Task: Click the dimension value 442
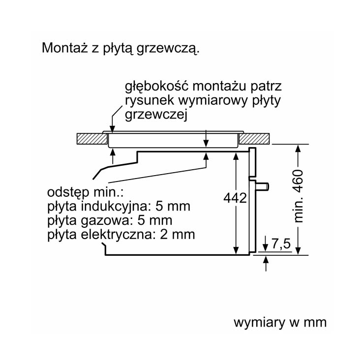point(235,199)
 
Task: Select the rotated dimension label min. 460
point(299,196)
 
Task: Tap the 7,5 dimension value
point(281,244)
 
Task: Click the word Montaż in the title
point(65,48)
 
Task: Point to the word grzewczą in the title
point(168,49)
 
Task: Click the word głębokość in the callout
point(156,87)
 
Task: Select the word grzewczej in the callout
point(156,115)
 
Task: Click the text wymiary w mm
point(280,323)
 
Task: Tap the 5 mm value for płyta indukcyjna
point(173,206)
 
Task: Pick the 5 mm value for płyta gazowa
point(154,220)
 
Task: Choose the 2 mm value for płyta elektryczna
point(178,235)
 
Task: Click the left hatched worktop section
point(92,139)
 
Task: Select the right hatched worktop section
point(254,139)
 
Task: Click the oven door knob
point(262,186)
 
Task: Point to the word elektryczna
point(118,235)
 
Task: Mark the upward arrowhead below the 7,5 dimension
point(266,259)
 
